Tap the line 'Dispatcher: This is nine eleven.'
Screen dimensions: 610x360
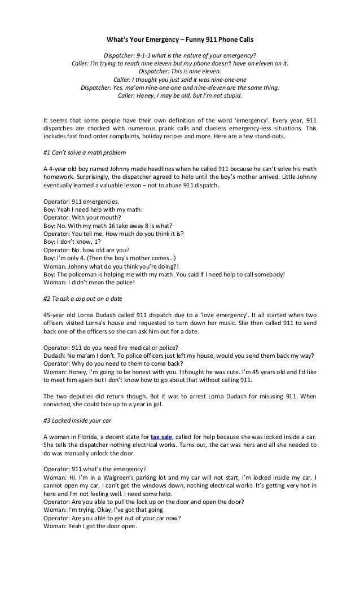pyautogui.click(x=180, y=72)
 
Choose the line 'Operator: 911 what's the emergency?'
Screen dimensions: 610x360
pyautogui.click(x=95, y=468)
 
